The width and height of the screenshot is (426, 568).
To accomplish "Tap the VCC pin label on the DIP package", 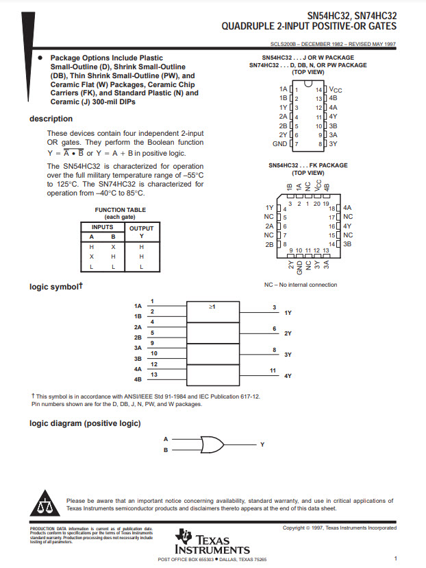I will pos(336,89).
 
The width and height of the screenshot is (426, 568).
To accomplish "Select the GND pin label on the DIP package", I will pos(279,144).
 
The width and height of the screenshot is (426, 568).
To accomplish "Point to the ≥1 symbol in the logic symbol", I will pos(212,306).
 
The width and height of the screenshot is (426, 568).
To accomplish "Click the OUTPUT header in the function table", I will pos(142,228).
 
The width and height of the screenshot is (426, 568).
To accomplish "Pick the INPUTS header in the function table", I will pos(103,226).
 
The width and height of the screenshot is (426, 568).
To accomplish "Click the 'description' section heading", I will pos(51,119).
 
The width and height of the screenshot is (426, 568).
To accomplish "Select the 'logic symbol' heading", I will pos(55,287).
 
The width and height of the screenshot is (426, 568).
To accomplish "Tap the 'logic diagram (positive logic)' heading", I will pos(85,423).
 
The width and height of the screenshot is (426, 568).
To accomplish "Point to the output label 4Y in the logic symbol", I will pos(288,376).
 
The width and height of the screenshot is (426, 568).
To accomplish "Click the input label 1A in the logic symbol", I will pos(138,306).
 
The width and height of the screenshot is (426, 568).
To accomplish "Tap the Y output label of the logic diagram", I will pos(262,445).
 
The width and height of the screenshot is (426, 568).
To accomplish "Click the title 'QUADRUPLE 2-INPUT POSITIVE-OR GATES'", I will pos(308,27).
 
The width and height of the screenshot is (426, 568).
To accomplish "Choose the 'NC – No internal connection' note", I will pos(301,285).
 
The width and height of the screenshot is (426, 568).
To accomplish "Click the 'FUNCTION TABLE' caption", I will pos(120,210).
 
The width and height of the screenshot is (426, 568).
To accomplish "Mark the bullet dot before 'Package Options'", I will pos(40,58).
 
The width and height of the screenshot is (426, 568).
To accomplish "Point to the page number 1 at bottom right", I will pos(396,558).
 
